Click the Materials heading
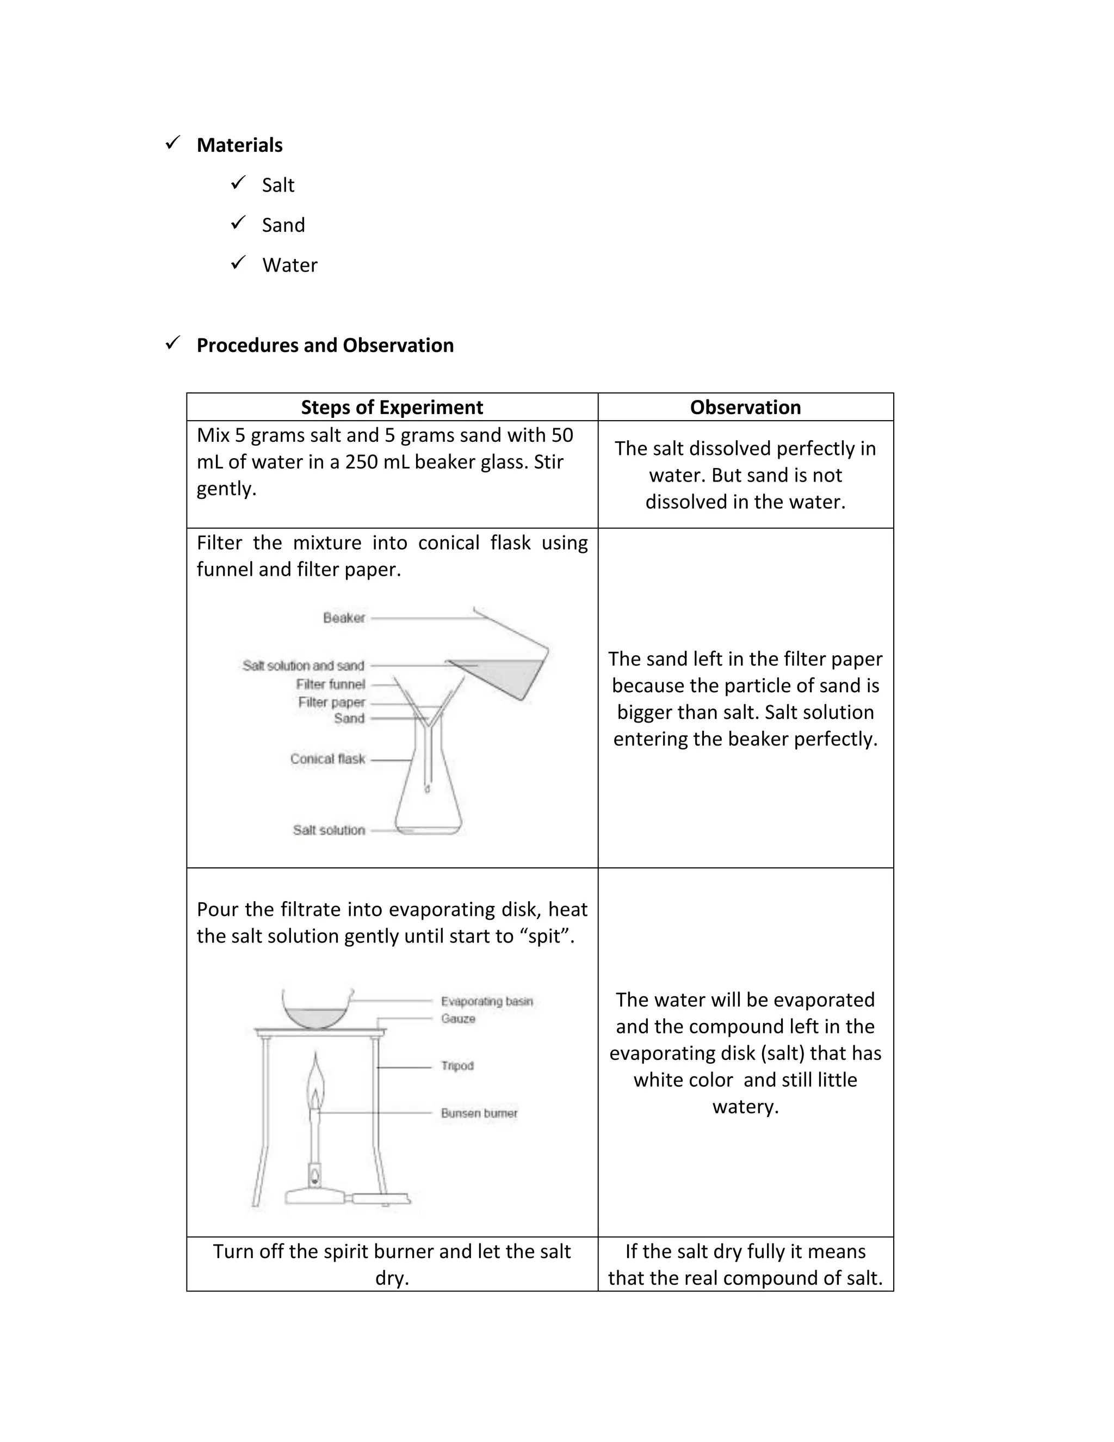(x=239, y=145)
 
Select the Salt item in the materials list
(x=278, y=186)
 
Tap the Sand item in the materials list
(x=283, y=225)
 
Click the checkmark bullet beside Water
(x=238, y=263)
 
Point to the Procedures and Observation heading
(x=325, y=346)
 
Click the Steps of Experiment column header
(x=392, y=408)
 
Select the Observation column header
(x=745, y=408)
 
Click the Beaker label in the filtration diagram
(x=344, y=618)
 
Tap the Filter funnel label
(x=330, y=685)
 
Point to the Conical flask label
(x=327, y=759)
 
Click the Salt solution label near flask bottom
(x=329, y=830)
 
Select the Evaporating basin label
(x=486, y=1002)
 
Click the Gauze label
(x=458, y=1019)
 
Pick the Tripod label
(x=457, y=1065)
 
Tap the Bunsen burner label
(x=479, y=1113)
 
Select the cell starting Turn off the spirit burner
(x=392, y=1265)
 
